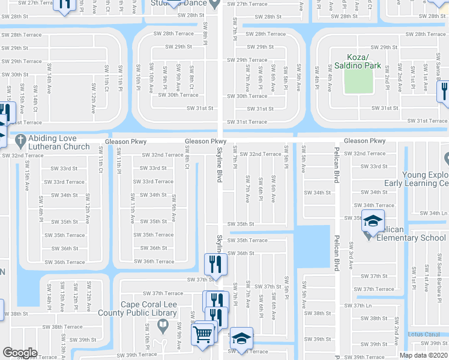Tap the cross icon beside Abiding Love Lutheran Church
pos(19,140)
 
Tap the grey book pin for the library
pos(161,326)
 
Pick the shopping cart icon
pos(203,333)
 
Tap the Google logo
pos(20,353)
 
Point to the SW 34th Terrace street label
pos(375,205)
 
